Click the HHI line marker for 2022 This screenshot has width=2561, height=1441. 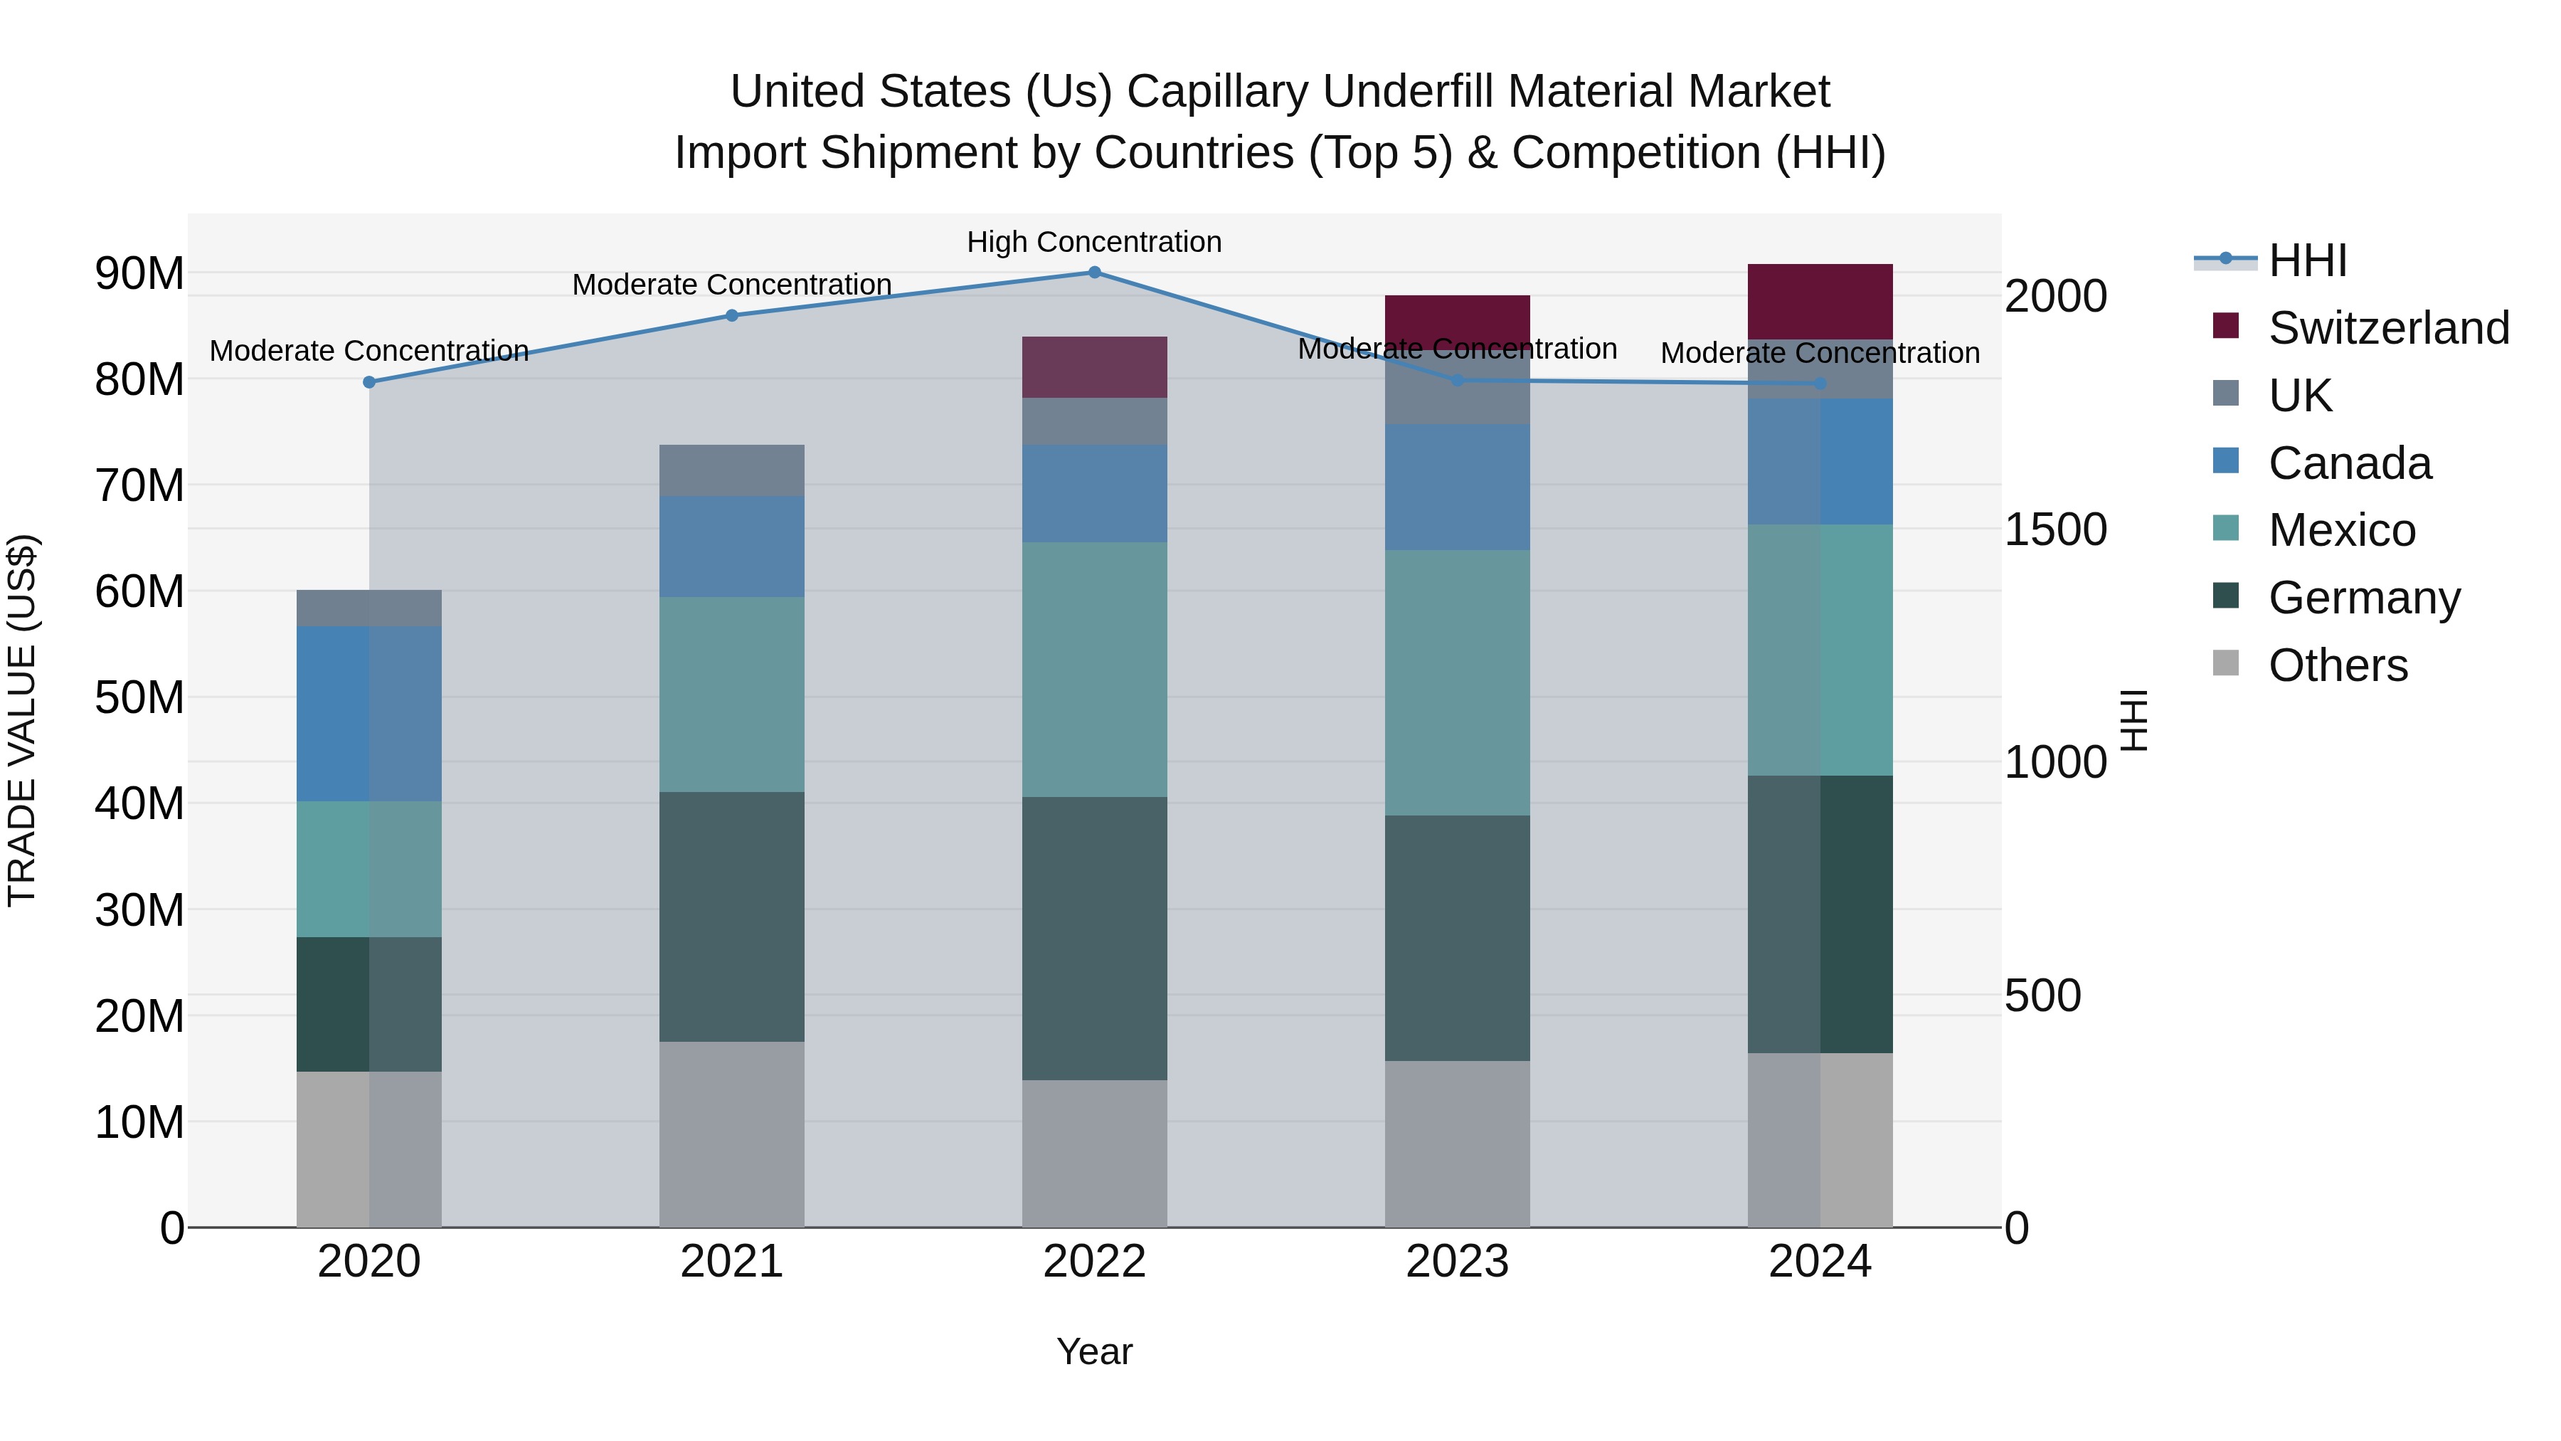click(1093, 273)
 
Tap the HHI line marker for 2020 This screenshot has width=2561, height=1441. click(368, 382)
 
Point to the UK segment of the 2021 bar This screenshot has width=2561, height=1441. click(732, 470)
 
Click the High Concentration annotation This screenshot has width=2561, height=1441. click(1093, 242)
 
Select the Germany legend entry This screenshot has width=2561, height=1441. click(2363, 598)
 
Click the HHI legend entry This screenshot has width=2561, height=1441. click(2306, 260)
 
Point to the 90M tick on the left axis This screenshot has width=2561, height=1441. click(139, 273)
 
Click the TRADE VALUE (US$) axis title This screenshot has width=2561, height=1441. click(23, 720)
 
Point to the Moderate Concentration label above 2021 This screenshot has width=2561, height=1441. click(732, 285)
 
